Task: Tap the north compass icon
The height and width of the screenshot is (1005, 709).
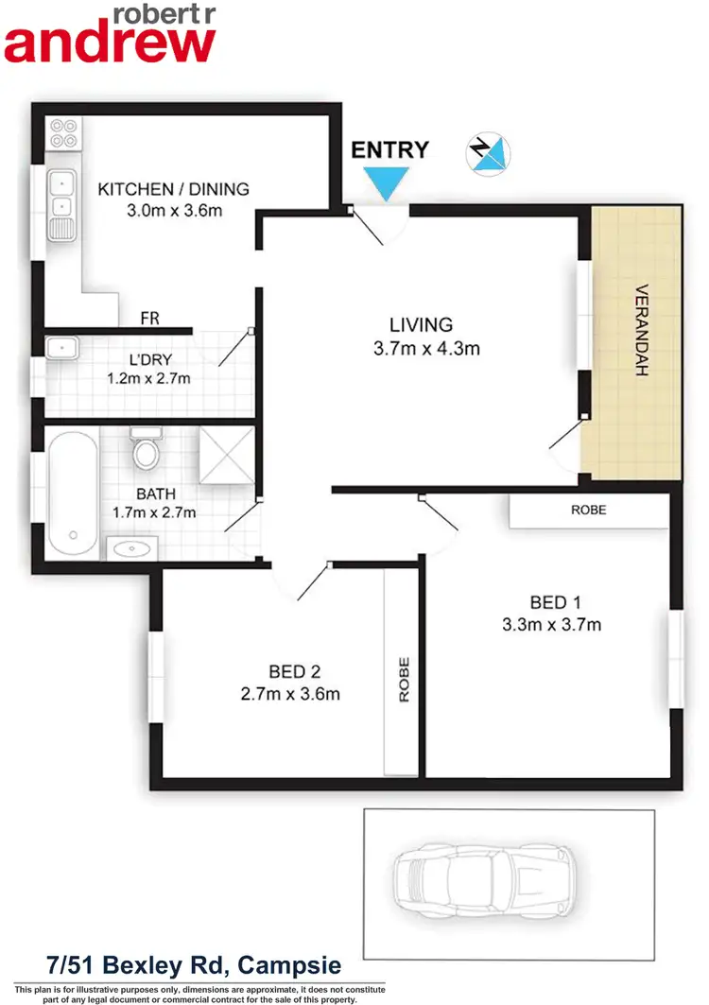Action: click(x=489, y=153)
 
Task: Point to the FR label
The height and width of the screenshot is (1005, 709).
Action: click(x=149, y=319)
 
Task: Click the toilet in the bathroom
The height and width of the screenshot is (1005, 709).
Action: click(x=147, y=449)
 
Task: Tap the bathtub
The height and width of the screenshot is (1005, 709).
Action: click(x=73, y=494)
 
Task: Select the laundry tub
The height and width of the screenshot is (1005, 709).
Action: click(x=61, y=349)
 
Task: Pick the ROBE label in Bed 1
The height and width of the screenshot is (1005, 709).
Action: click(x=588, y=510)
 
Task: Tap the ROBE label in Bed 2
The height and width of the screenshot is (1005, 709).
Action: click(x=404, y=679)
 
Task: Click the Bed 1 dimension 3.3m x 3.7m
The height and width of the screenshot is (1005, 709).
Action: click(x=551, y=624)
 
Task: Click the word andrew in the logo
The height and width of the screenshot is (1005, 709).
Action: click(x=111, y=43)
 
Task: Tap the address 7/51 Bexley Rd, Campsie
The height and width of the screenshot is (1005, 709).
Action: click(x=194, y=965)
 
